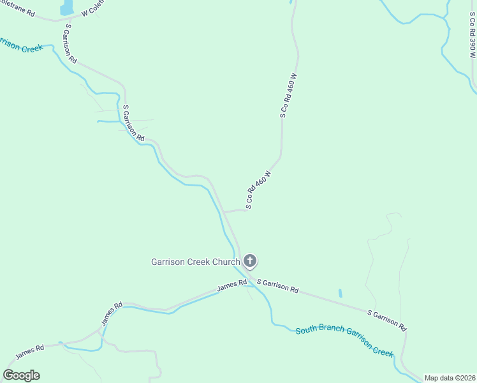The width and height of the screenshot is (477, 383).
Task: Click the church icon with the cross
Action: coord(250,260)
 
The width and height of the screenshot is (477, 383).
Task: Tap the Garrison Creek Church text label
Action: coord(195,261)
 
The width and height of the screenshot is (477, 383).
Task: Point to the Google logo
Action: coord(21,375)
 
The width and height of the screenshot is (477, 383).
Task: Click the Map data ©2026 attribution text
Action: coord(450,378)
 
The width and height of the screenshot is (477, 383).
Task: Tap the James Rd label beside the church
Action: coord(231,287)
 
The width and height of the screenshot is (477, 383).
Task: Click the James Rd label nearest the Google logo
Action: coord(29,350)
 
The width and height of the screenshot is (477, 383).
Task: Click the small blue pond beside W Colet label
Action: coord(66,8)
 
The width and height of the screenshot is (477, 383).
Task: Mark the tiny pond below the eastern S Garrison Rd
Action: coord(340,294)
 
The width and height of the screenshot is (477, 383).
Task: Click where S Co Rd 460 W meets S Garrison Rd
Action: coord(224,212)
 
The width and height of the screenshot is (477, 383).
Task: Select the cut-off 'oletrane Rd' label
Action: coord(17,11)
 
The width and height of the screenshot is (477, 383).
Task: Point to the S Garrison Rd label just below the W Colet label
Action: coord(70,44)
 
